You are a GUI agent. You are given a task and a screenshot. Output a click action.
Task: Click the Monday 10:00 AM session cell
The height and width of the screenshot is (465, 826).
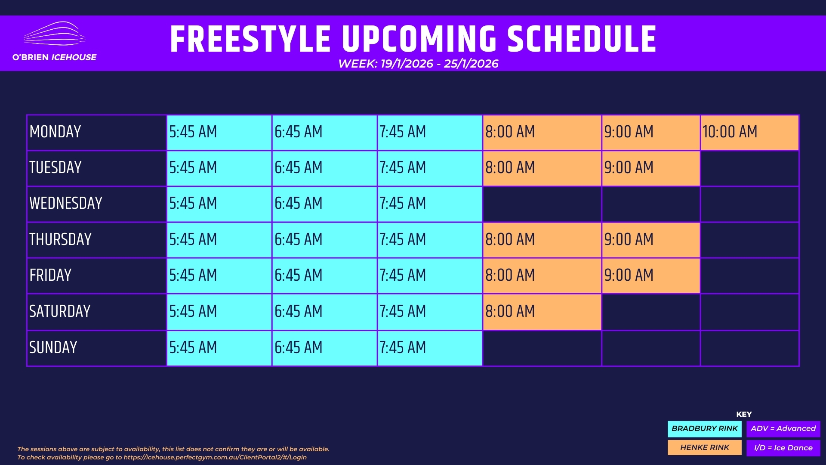pyautogui.click(x=749, y=133)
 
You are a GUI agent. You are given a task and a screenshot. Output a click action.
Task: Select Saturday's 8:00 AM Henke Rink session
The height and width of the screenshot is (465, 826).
pyautogui.click(x=542, y=312)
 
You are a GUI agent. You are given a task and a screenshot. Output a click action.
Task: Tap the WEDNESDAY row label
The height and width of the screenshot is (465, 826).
pyautogui.click(x=66, y=203)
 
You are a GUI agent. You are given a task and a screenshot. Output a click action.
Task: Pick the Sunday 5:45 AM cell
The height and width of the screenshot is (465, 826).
pyautogui.click(x=219, y=348)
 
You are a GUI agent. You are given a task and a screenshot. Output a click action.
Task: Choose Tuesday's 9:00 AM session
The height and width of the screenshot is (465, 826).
pyautogui.click(x=651, y=168)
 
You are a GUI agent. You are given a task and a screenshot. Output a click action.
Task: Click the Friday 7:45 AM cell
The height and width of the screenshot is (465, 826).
pyautogui.click(x=430, y=276)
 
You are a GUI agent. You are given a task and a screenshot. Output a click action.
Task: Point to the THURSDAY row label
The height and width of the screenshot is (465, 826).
pyautogui.click(x=60, y=239)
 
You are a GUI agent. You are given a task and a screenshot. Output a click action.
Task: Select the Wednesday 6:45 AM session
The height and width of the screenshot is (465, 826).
pyautogui.click(x=324, y=204)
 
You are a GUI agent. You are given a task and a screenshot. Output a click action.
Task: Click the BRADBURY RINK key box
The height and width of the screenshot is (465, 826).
pyautogui.click(x=705, y=429)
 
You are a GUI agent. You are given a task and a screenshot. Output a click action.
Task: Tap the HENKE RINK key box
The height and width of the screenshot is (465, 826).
pyautogui.click(x=705, y=447)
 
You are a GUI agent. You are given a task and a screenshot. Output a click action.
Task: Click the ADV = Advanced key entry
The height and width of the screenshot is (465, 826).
pyautogui.click(x=783, y=429)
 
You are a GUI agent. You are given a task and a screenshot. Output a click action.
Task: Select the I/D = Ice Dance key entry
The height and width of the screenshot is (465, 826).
pyautogui.click(x=783, y=448)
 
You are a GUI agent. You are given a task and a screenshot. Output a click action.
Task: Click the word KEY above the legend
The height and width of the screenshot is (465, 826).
pyautogui.click(x=744, y=414)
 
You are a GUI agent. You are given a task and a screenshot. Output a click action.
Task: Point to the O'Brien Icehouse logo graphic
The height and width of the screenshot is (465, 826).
pyautogui.click(x=54, y=34)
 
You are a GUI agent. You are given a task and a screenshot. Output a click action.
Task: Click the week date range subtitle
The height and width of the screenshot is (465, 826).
pyautogui.click(x=418, y=64)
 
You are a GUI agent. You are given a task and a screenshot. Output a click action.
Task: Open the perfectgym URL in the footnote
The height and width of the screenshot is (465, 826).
pyautogui.click(x=215, y=457)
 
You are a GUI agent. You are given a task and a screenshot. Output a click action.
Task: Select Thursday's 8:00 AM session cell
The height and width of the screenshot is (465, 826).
pyautogui.click(x=542, y=240)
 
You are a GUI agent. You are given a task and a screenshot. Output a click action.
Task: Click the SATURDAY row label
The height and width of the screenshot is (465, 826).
pyautogui.click(x=60, y=311)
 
